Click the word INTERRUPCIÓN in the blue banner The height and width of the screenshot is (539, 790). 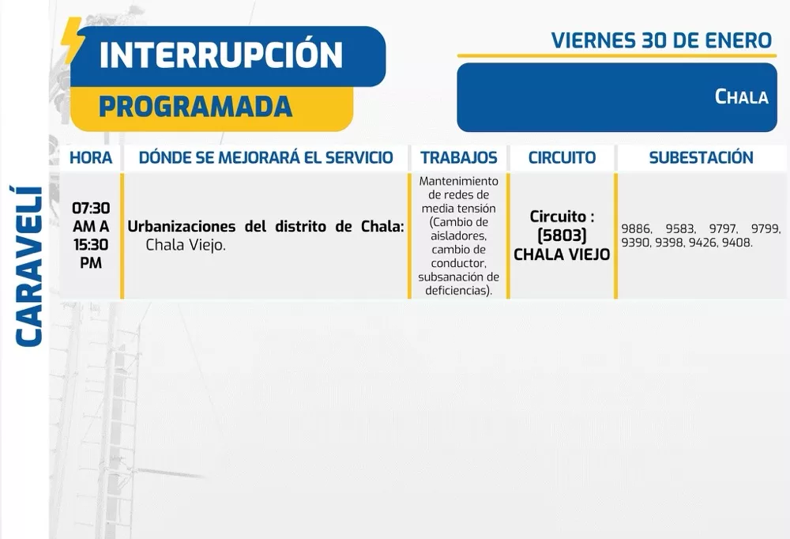tap(221, 55)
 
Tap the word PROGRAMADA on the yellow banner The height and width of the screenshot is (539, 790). tap(195, 107)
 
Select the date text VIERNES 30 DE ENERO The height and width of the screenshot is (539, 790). tap(661, 40)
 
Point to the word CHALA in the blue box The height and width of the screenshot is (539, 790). tap(741, 97)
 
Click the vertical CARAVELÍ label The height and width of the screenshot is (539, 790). tap(29, 266)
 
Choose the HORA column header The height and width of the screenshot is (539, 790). tap(91, 157)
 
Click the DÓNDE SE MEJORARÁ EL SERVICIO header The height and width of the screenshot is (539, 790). tap(265, 157)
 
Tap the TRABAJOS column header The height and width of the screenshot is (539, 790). tap(458, 157)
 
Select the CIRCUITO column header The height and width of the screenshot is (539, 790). tap(562, 157)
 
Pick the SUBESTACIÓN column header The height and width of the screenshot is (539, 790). tap(701, 157)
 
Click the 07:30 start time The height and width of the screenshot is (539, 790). tap(91, 209)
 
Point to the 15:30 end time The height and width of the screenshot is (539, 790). tap(91, 245)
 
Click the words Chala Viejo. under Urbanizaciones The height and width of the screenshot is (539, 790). tap(186, 246)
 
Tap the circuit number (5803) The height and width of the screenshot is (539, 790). tap(562, 236)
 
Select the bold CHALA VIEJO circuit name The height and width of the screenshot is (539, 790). tap(562, 254)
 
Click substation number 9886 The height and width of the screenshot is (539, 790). tap(636, 229)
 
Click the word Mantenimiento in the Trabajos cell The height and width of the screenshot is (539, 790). tap(459, 181)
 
